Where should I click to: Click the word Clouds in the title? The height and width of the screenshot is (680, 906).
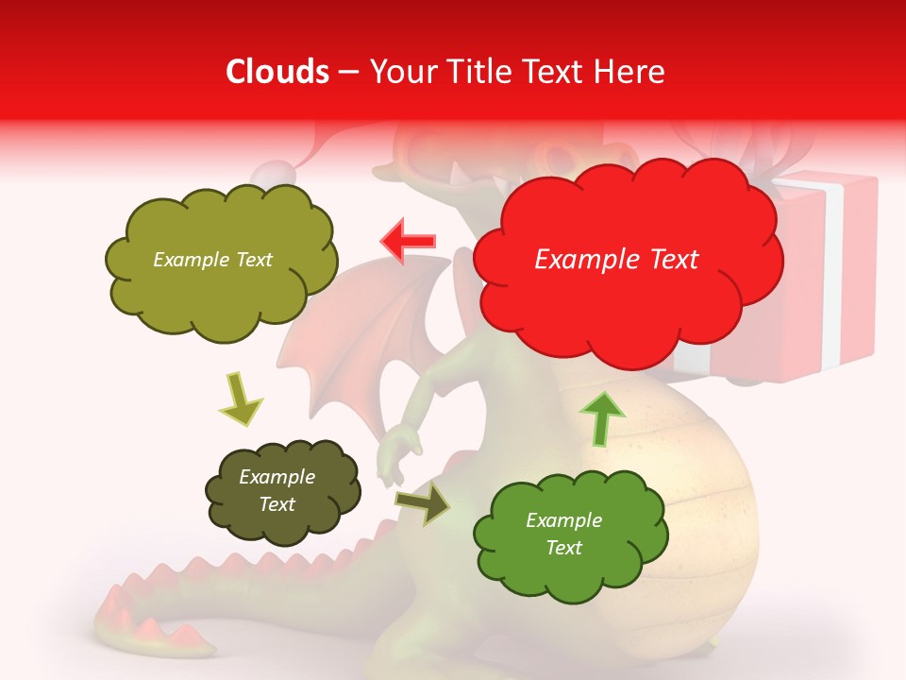[x=277, y=72]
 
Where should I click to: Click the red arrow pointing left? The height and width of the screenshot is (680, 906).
[x=408, y=241]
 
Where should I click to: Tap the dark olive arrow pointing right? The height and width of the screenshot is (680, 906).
[x=422, y=503]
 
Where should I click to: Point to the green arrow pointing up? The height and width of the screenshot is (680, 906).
[x=602, y=417]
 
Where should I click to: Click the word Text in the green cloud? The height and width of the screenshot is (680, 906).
[x=563, y=548]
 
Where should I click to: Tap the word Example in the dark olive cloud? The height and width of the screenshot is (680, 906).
[x=277, y=477]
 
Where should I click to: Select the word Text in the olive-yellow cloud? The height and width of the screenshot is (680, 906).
[x=254, y=260]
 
